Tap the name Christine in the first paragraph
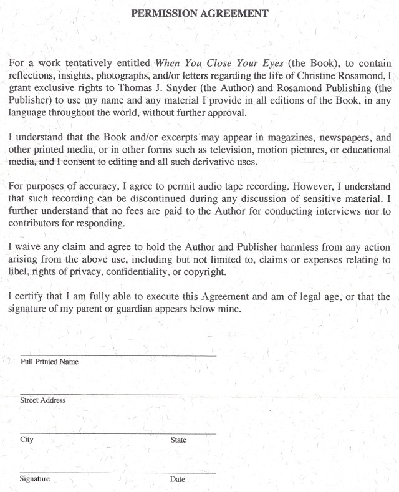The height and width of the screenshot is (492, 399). pos(324,75)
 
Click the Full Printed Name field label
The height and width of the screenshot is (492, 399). pos(49,362)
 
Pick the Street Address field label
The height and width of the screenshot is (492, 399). pos(43,400)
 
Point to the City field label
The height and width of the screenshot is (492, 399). pos(27,440)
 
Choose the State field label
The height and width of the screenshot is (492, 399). pos(178,440)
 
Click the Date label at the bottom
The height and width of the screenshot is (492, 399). pos(177,479)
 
